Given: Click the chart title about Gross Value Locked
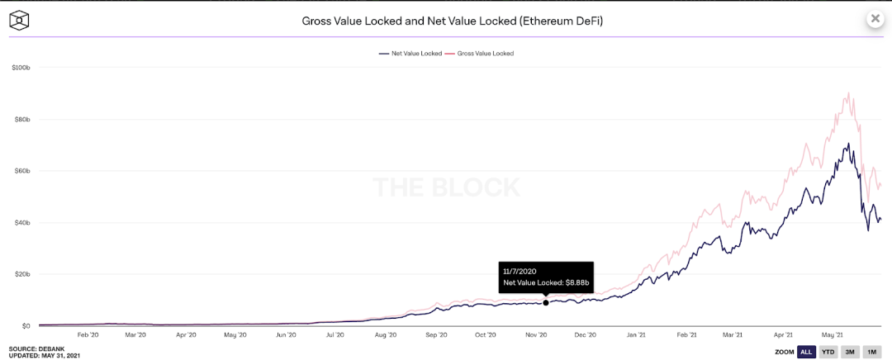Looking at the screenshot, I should pyautogui.click(x=452, y=20).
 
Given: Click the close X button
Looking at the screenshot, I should pyautogui.click(x=875, y=18).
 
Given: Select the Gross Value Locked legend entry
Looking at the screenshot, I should pyautogui.click(x=480, y=53).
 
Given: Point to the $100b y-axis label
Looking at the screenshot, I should pyautogui.click(x=21, y=68).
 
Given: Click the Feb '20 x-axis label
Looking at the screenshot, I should pyautogui.click(x=88, y=335).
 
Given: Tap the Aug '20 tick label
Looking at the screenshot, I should pyautogui.click(x=386, y=335).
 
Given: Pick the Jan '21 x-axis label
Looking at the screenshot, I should pyautogui.click(x=636, y=335).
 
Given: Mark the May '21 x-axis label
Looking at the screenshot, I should pyautogui.click(x=831, y=335).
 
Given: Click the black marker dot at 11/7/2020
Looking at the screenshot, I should pyautogui.click(x=546, y=302).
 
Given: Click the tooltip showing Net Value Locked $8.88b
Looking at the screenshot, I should pyautogui.click(x=546, y=277).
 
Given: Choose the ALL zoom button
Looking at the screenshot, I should pyautogui.click(x=806, y=352).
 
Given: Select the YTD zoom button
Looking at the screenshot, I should pyautogui.click(x=828, y=352).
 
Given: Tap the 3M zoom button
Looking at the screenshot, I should pyautogui.click(x=850, y=352).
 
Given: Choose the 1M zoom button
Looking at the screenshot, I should pyautogui.click(x=871, y=352).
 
